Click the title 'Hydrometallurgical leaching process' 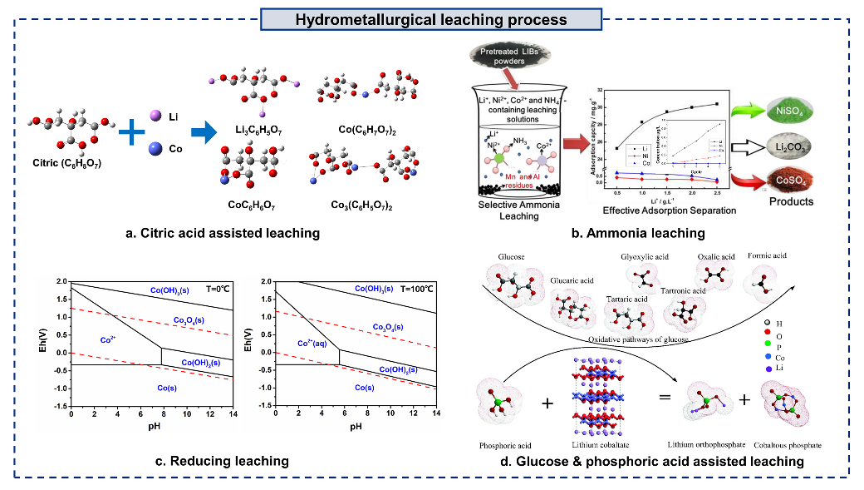click(x=431, y=19)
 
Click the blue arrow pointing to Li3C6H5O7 click(x=195, y=131)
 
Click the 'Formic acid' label click(x=766, y=255)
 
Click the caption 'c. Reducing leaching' click(x=224, y=460)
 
